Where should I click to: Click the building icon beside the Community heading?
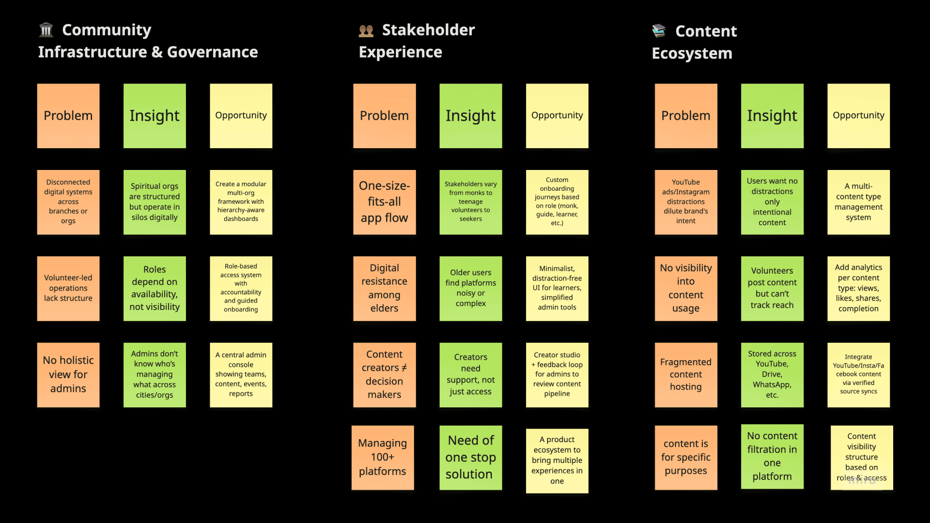46,30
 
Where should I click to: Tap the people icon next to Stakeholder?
366,31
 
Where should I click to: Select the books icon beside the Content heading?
659,31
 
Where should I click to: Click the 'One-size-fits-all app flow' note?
384,202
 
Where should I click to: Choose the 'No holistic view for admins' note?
68,375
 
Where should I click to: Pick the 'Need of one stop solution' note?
470,458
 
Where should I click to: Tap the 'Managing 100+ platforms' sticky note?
383,458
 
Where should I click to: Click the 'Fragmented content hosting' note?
686,375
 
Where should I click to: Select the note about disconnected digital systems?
68,202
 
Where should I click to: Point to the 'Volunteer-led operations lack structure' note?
68,289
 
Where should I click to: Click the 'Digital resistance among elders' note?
384,289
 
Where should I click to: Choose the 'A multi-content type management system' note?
858,202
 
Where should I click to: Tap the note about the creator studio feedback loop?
557,375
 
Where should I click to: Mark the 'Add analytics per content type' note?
858,289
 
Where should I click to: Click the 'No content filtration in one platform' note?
772,457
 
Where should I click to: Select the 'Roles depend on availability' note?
155,289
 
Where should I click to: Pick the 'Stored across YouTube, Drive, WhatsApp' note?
772,375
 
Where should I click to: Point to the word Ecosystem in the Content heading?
692,53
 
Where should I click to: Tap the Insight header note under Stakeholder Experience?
470,116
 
